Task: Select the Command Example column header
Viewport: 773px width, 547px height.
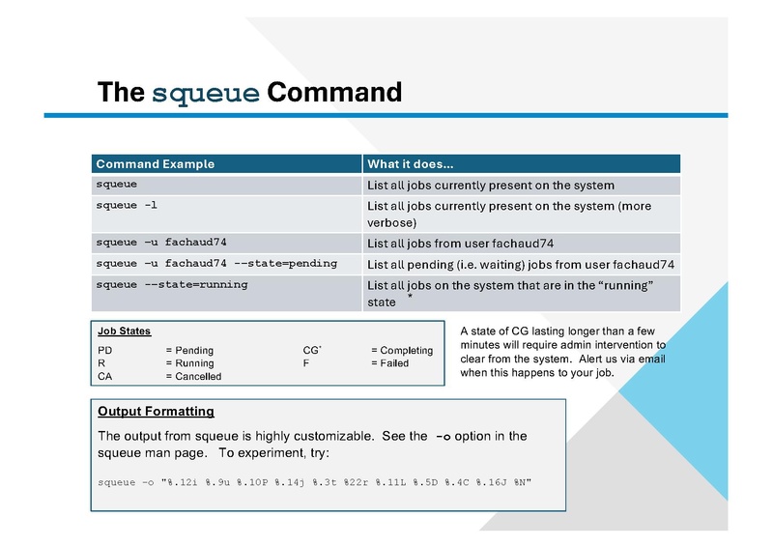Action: click(x=155, y=164)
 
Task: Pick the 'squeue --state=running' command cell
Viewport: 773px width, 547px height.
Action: click(x=171, y=285)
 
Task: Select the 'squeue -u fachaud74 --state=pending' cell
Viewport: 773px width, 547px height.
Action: click(x=215, y=263)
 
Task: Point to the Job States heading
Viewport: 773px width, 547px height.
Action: click(x=125, y=331)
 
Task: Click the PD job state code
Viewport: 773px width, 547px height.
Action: click(x=105, y=350)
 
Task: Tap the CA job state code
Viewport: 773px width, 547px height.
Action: click(x=105, y=376)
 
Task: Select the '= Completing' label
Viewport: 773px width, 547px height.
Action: click(x=402, y=350)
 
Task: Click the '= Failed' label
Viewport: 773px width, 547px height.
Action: click(x=389, y=363)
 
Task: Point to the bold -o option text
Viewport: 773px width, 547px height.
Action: click(x=444, y=436)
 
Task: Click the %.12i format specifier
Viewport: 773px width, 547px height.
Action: click(x=186, y=481)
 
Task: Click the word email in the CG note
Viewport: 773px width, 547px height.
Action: click(x=650, y=359)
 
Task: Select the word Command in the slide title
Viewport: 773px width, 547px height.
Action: click(x=333, y=94)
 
